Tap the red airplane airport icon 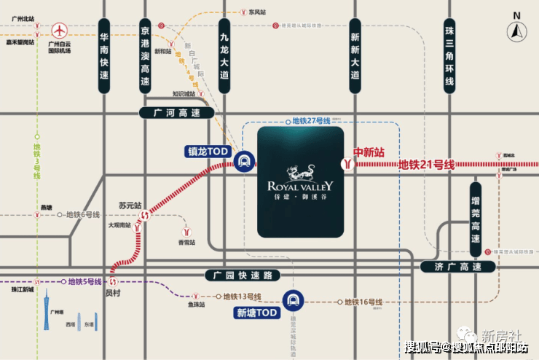coord(58,31)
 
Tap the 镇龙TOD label coord(208,152)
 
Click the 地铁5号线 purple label coord(84,281)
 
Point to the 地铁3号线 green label coord(37,161)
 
